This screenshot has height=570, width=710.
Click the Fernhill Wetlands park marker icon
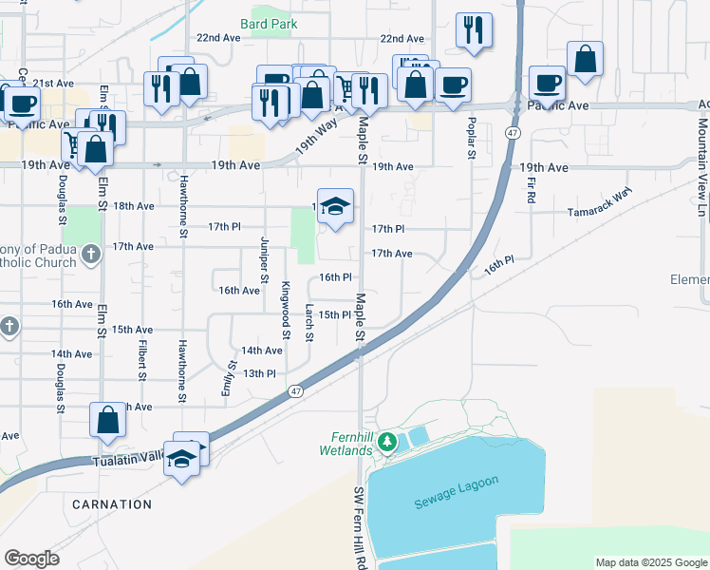[x=386, y=441]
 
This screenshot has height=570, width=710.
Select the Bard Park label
[x=270, y=23]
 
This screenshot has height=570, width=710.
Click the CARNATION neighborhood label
[x=111, y=504]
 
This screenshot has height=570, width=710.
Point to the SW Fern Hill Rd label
[x=361, y=527]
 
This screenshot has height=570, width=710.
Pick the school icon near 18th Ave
[x=334, y=206]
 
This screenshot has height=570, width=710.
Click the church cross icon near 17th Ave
[x=90, y=254]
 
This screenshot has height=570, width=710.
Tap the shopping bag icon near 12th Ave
[x=108, y=418]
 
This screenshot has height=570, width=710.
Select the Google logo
[x=31, y=559]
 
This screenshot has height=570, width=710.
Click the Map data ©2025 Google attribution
[x=650, y=562]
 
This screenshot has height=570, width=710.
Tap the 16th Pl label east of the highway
[x=497, y=265]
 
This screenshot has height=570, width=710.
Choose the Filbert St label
[x=141, y=359]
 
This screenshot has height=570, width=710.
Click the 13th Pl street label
[x=258, y=373]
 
